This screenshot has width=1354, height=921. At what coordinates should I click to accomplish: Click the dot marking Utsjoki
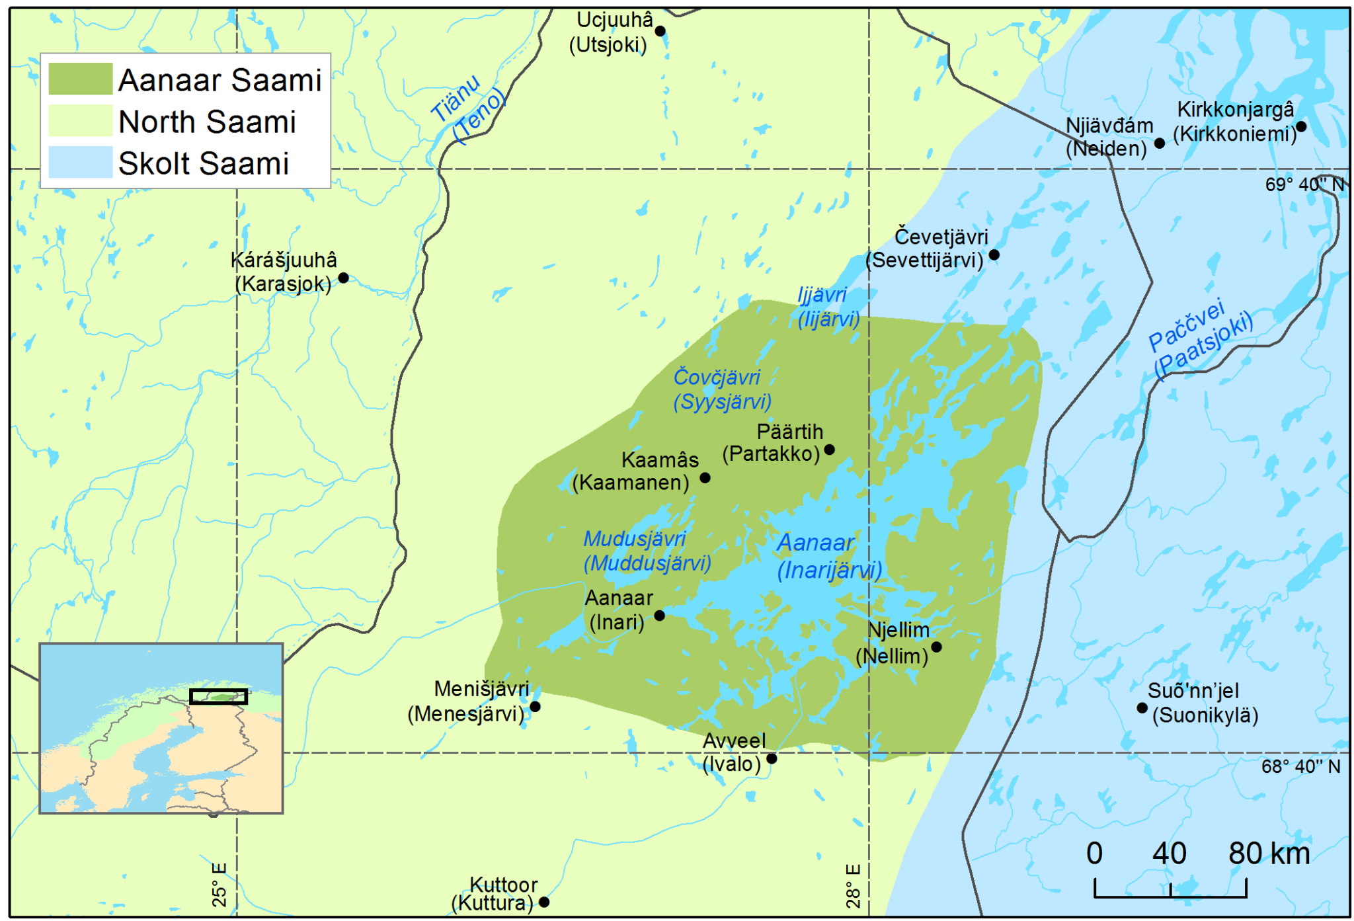pos(659,31)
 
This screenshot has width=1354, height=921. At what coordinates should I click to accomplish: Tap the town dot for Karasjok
pos(343,278)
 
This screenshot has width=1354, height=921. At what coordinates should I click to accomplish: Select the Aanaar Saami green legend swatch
pos(80,79)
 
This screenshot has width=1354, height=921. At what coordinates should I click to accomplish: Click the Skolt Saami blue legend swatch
pos(80,163)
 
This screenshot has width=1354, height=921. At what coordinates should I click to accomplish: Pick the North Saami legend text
pos(207,122)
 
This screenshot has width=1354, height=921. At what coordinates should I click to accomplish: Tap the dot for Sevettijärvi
pos(993,255)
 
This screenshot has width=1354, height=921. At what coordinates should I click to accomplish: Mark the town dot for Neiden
pos(1159,143)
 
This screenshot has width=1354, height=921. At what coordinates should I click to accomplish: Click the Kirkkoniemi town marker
pos(1300,126)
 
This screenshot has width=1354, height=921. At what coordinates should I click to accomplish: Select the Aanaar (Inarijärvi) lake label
pos(828,556)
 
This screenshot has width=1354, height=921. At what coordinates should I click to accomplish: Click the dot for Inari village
pos(659,616)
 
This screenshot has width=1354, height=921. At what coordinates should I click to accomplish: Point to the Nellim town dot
pos(936,647)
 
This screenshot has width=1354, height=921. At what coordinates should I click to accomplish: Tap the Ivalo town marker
pos(771,758)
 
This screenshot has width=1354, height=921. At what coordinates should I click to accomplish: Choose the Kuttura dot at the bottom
pos(543,902)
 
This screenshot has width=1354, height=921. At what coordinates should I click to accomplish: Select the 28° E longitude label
pos(853,885)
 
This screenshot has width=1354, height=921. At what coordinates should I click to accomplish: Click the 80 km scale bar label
pos(1268,854)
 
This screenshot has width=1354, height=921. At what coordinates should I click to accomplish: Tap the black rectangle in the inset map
pos(218,696)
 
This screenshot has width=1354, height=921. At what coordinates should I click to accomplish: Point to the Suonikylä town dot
pos(1142,707)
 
